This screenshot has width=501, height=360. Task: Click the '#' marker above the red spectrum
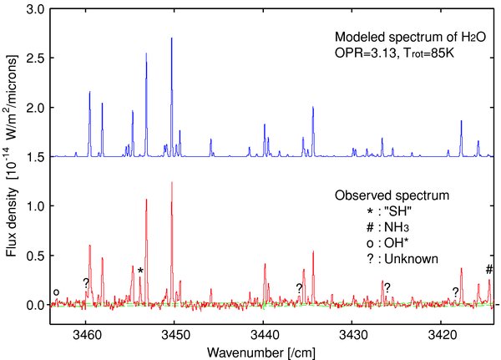(488, 268)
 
